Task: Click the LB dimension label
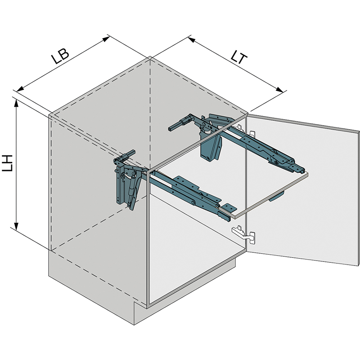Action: (x=60, y=56)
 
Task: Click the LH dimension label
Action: (x=7, y=163)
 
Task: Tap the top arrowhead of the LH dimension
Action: (x=16, y=104)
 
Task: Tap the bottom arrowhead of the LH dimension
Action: (x=16, y=226)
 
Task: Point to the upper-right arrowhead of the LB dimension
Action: (x=106, y=39)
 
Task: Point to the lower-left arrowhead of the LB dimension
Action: (x=20, y=89)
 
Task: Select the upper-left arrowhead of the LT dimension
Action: (x=191, y=40)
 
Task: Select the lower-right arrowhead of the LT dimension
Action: (x=279, y=90)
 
